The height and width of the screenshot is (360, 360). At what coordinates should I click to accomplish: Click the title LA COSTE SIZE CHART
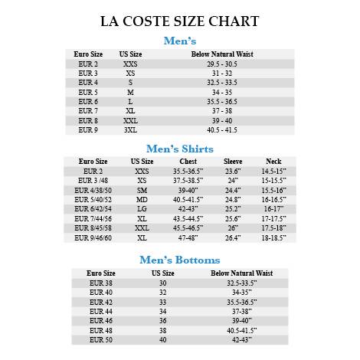179,21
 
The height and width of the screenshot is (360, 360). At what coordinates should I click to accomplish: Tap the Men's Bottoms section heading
180,260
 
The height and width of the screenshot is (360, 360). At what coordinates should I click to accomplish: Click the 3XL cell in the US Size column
131,130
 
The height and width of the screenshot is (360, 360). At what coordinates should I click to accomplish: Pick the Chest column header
188,162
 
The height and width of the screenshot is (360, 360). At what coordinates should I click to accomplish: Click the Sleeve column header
233,162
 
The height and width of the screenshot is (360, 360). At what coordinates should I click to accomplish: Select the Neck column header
273,162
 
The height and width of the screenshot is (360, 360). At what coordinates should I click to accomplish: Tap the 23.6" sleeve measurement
233,171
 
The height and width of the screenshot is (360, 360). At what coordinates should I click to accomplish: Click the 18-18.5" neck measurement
273,237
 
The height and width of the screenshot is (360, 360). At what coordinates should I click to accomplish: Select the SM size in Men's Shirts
142,190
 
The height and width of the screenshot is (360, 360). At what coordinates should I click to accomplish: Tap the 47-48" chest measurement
188,237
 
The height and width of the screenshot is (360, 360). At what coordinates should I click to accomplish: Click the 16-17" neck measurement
273,208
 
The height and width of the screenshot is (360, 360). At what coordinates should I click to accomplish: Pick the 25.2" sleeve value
233,208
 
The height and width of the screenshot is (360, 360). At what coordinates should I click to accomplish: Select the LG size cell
142,208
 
